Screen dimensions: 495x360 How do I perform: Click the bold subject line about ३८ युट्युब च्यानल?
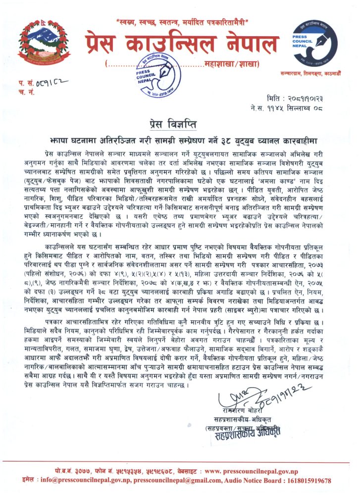click(179, 135)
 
